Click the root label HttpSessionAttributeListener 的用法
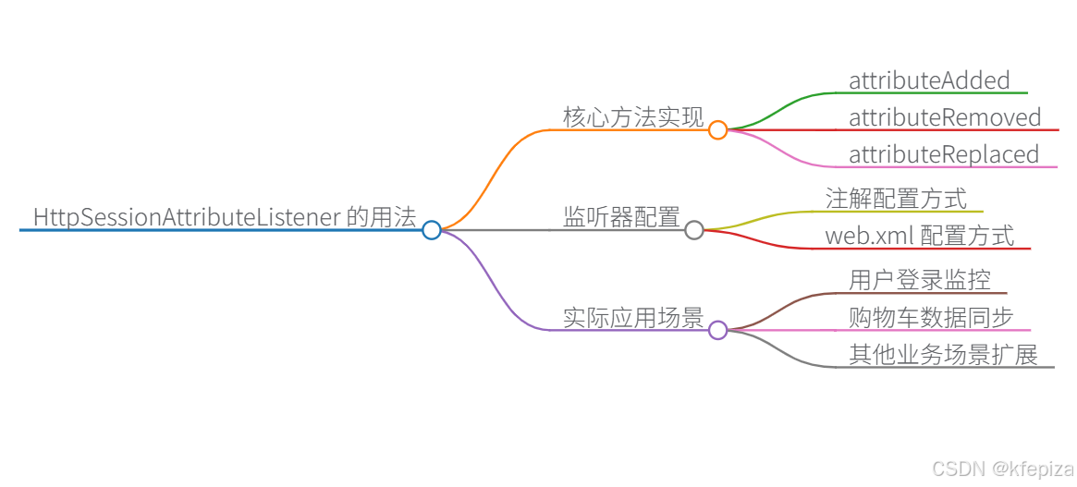pyautogui.click(x=225, y=217)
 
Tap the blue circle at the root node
pyautogui.click(x=432, y=230)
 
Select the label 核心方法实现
pyautogui.click(x=633, y=117)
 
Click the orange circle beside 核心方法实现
pyautogui.click(x=718, y=130)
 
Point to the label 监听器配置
pyautogui.click(x=621, y=217)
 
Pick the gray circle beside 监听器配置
pyautogui.click(x=694, y=230)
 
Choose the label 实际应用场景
pyautogui.click(x=633, y=318)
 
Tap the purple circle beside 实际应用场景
pyautogui.click(x=718, y=330)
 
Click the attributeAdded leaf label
pyautogui.click(x=929, y=80)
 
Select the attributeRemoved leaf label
pyautogui.click(x=945, y=117)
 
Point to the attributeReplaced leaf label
pyautogui.click(x=944, y=154)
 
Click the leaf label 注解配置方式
pyautogui.click(x=896, y=199)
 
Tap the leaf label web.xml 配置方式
pyautogui.click(x=919, y=236)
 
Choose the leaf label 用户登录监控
pyautogui.click(x=920, y=280)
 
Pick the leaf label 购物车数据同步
pyautogui.click(x=931, y=317)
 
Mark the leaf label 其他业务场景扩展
pyautogui.click(x=943, y=354)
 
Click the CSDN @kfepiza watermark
pyautogui.click(x=1002, y=469)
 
